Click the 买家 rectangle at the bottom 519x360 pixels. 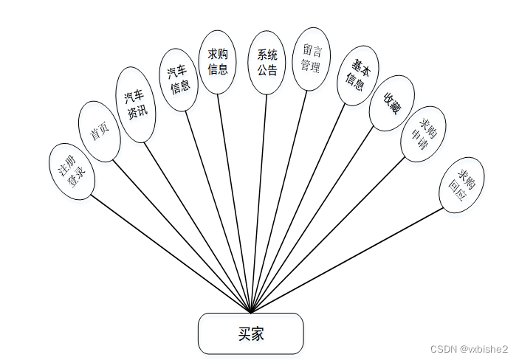point(250,333)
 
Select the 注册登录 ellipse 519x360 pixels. point(72,171)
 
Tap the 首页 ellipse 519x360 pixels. point(99,131)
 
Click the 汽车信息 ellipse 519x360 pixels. point(179,80)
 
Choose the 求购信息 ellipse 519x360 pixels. point(218,62)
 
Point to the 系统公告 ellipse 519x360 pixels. point(267,63)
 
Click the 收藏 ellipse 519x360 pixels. point(391,103)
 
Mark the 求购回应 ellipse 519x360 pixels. point(461,184)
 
